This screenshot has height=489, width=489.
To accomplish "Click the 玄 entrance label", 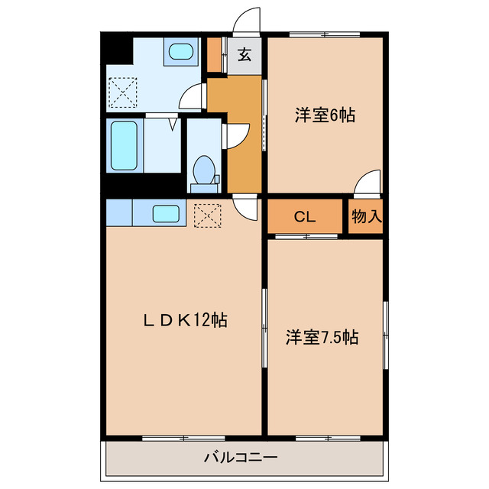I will [x=244, y=55].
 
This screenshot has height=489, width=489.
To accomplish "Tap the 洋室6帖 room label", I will [x=325, y=116].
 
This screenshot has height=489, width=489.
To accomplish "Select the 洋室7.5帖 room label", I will [x=323, y=335].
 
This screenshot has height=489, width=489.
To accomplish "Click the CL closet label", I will [x=305, y=217].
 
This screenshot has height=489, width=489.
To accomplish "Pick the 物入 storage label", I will [x=366, y=217].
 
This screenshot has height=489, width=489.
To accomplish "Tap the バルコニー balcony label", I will [x=241, y=458].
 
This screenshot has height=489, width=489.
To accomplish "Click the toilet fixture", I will [x=203, y=170].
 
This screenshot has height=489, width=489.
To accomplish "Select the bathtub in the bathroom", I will [x=123, y=145].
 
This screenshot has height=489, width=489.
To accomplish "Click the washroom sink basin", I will [x=180, y=52].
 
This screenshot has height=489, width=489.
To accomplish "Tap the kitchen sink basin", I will [x=166, y=213].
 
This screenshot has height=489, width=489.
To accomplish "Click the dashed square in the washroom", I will [x=120, y=93].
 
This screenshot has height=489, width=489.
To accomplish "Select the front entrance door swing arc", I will [x=247, y=21].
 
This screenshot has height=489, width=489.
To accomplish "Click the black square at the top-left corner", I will [x=116, y=49].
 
